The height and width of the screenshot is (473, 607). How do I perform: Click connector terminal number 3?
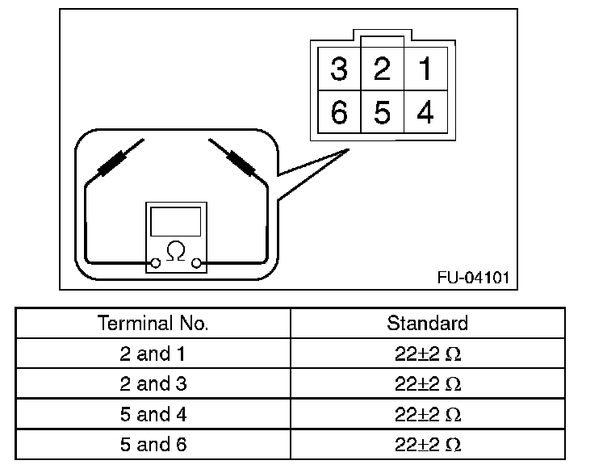[339, 69]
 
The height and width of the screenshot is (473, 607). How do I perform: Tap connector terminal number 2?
[382, 69]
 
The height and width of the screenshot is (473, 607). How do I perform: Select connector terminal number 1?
[425, 69]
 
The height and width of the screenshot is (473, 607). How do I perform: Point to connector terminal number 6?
[339, 113]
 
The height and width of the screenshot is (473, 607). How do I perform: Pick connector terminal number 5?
[382, 113]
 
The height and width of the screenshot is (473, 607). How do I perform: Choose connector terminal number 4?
[425, 113]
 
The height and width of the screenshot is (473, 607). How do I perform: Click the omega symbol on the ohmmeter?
[174, 252]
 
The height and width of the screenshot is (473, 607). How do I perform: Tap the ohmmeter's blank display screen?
[175, 221]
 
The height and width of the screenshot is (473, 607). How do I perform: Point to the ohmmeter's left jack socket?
[155, 263]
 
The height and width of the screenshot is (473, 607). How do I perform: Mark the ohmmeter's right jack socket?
[196, 263]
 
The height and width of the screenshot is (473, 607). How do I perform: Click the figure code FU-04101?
[473, 278]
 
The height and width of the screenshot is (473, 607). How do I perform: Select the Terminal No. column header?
[153, 324]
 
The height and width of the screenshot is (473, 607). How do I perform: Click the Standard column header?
[428, 324]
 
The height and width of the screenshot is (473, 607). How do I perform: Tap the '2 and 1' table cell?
[153, 354]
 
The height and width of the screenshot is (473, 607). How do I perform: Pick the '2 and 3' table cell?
[153, 384]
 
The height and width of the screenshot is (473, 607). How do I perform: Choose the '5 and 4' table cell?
[153, 415]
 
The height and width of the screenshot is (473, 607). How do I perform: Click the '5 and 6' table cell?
[153, 445]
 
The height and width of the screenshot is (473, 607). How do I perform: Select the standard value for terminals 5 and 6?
[428, 445]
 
